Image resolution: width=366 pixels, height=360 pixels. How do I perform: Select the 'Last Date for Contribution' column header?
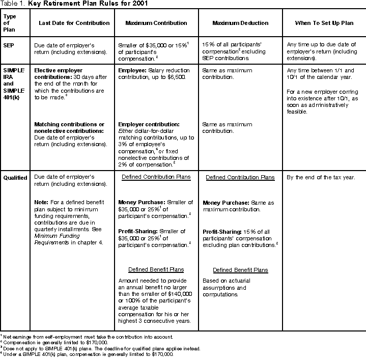point(74,23)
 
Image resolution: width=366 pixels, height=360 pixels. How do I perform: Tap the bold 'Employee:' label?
point(133,69)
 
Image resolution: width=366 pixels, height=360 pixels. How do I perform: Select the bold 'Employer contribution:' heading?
point(149,124)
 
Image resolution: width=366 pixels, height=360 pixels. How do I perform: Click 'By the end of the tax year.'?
point(319,177)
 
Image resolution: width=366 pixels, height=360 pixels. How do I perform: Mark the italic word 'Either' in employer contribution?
point(126,131)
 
